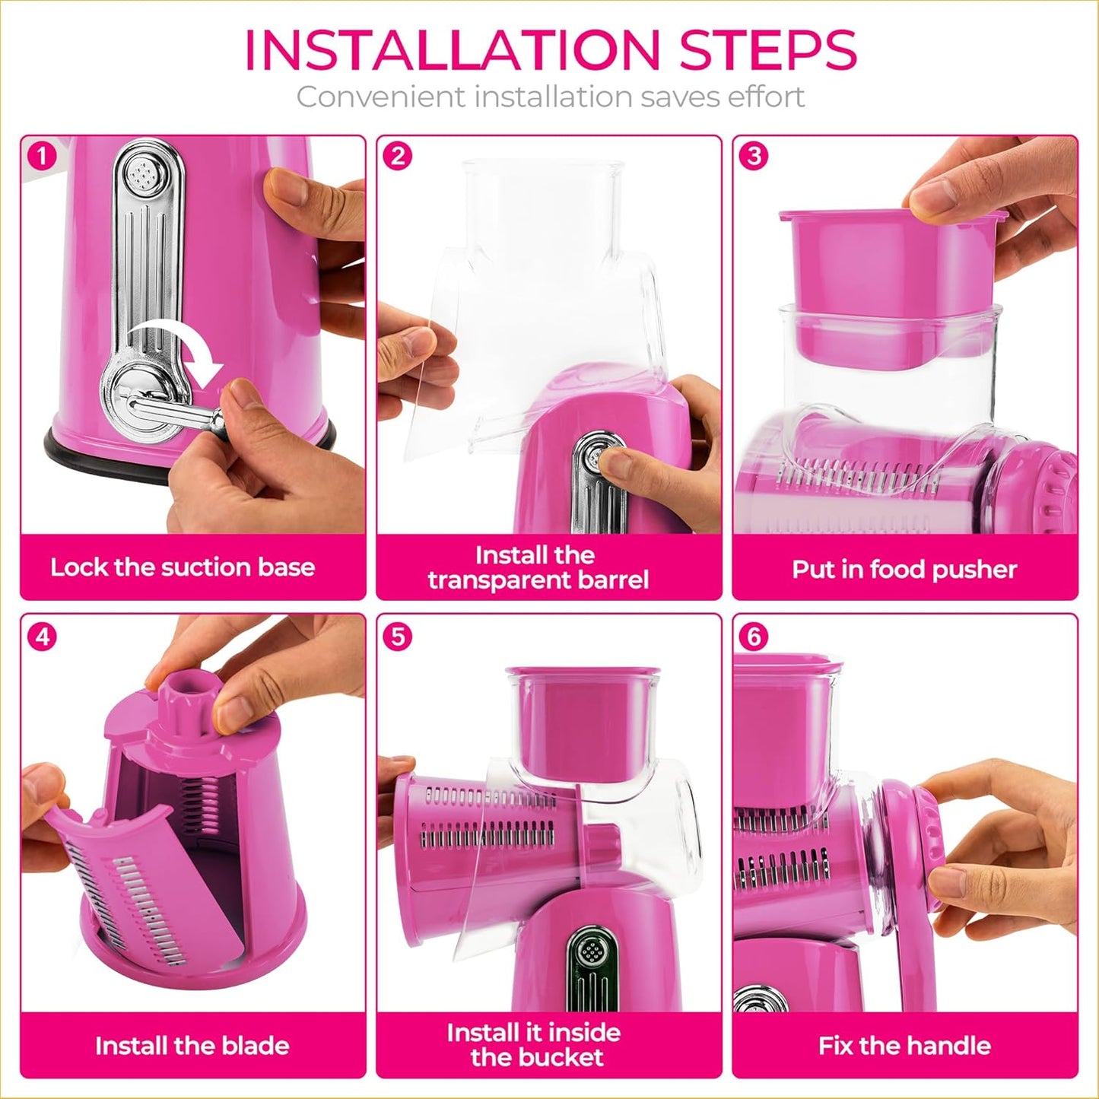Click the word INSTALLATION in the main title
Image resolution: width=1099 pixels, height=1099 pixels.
click(x=451, y=50)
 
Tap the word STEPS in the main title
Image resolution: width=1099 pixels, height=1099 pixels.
click(x=768, y=50)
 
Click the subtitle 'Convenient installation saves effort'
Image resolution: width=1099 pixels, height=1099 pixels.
click(x=550, y=97)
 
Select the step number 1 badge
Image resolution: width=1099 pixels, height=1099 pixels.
click(x=42, y=157)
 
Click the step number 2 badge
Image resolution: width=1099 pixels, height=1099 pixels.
click(x=398, y=157)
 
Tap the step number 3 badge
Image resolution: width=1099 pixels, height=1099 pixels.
click(x=754, y=157)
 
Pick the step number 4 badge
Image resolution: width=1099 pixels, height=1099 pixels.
click(x=42, y=636)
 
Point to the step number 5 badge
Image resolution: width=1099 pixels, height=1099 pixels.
click(x=398, y=636)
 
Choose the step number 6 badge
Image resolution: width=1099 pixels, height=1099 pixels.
click(x=754, y=636)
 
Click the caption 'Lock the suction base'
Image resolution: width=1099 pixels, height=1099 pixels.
click(x=183, y=567)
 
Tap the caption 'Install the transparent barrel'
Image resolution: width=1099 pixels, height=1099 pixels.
click(x=538, y=567)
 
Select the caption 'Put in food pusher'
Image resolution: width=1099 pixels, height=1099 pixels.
click(x=904, y=570)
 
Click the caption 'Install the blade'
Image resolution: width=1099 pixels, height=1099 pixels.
click(x=192, y=1046)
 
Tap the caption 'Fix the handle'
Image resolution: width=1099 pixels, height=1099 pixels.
click(x=904, y=1046)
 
